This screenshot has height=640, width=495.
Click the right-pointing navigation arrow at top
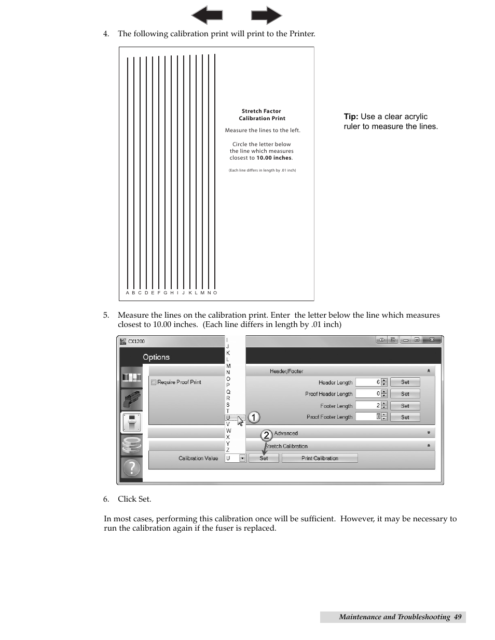pyautogui.click(x=266, y=15)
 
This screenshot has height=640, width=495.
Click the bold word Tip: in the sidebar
pyautogui.click(x=351, y=117)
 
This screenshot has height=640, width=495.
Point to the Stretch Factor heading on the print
pyautogui.click(x=261, y=111)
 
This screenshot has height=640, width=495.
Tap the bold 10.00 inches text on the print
pyautogui.click(x=274, y=158)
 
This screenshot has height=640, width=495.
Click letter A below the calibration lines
pyautogui.click(x=127, y=293)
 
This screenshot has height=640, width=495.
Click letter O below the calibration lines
pyautogui.click(x=215, y=293)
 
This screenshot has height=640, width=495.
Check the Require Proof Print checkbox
pyautogui.click(x=154, y=382)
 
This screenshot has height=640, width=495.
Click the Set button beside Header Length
pyautogui.click(x=405, y=382)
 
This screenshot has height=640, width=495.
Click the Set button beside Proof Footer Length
pyautogui.click(x=405, y=417)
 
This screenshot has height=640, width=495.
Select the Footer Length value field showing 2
pyautogui.click(x=368, y=406)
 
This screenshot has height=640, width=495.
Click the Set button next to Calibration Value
pyautogui.click(x=264, y=458)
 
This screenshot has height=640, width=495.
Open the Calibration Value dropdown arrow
pyautogui.click(x=242, y=458)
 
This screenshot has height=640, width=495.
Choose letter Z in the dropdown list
pyautogui.click(x=228, y=450)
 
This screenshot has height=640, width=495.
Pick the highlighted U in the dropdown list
pyautogui.click(x=228, y=418)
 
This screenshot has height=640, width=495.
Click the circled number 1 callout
pyautogui.click(x=254, y=417)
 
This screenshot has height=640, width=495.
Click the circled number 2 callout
pyautogui.click(x=266, y=435)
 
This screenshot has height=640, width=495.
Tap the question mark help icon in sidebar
pyautogui.click(x=131, y=468)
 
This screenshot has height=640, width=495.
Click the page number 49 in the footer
pyautogui.click(x=457, y=617)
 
